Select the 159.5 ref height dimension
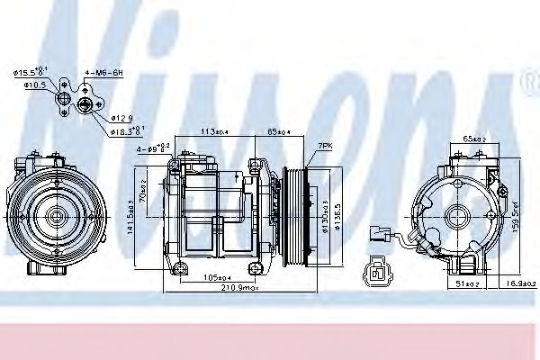click(516, 216)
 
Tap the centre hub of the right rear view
click(458, 216)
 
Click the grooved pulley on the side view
click(295, 216)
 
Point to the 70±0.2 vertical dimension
click(146, 193)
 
